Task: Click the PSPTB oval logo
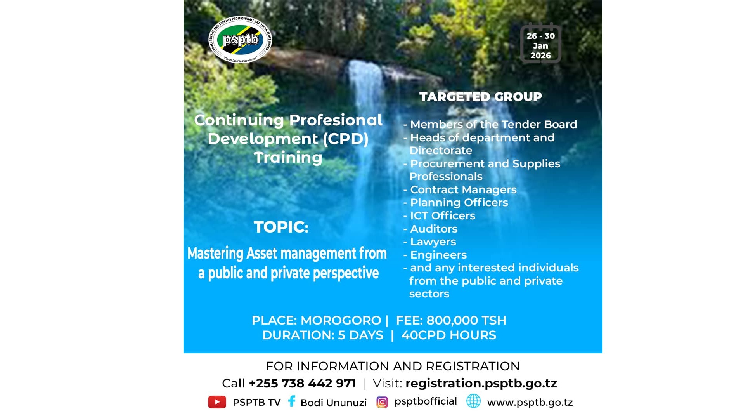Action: point(240,40)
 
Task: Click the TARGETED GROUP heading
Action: point(480,97)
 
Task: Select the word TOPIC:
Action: point(281,227)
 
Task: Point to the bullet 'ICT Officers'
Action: point(439,215)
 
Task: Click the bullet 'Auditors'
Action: point(430,229)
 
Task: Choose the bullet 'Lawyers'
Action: point(429,242)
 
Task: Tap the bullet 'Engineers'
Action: point(435,255)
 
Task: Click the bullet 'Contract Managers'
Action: point(460,189)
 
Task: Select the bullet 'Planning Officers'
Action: point(455,203)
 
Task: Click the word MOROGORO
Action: point(341,320)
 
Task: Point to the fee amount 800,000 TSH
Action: point(466,320)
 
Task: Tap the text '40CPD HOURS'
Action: point(448,335)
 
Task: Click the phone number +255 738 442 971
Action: point(302,383)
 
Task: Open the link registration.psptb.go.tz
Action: point(481,384)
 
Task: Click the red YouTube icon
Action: point(217,402)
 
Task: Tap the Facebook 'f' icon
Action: point(292,401)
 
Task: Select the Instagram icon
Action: point(382,402)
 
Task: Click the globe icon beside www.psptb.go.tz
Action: point(473,401)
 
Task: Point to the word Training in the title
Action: point(288,158)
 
